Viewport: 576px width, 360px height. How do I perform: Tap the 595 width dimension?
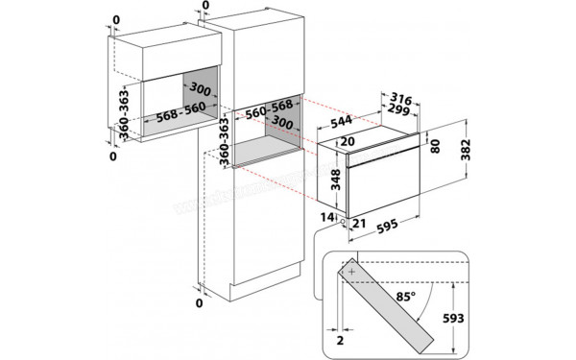click(x=389, y=228)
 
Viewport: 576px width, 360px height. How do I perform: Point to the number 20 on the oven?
click(x=347, y=141)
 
